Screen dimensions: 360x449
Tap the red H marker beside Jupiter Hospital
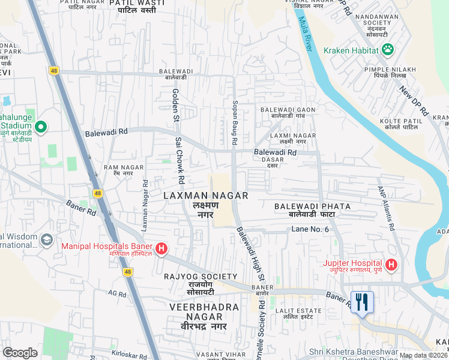(391, 264)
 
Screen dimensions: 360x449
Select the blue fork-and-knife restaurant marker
(362, 302)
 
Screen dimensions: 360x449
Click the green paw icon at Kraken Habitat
(388, 50)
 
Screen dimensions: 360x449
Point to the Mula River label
(307, 34)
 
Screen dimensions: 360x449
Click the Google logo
(20, 353)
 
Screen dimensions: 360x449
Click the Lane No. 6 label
(310, 230)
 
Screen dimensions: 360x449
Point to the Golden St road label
(176, 104)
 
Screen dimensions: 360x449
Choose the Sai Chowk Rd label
(179, 160)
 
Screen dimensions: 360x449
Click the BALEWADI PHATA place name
(312, 206)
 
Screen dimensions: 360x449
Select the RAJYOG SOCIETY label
(200, 276)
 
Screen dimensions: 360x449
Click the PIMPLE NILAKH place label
(394, 70)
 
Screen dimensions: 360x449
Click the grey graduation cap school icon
(47, 240)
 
